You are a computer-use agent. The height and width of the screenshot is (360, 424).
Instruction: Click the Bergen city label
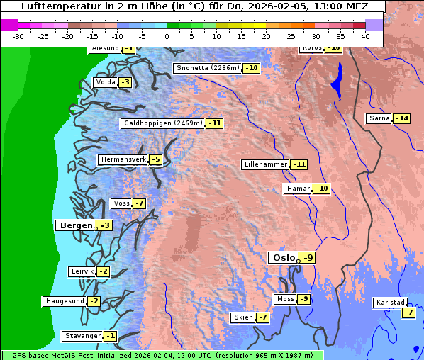pos(74,225)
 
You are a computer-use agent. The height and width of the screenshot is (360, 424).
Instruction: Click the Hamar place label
pos(297,189)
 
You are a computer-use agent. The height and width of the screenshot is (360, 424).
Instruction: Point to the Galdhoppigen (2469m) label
pos(162,123)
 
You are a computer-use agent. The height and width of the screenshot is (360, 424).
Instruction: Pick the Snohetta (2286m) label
pos(207,68)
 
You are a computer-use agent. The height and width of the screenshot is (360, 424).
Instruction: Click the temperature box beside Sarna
pos(401,118)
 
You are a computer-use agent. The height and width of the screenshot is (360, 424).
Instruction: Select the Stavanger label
pos(82,336)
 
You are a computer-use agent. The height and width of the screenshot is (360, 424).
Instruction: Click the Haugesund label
pos(65,301)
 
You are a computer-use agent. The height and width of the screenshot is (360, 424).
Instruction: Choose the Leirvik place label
pos(82,271)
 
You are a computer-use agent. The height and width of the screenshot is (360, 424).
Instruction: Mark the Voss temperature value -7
pos(139,204)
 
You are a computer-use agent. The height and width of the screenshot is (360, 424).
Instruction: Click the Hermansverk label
pos(122,159)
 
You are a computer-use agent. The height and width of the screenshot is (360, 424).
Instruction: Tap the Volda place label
pos(105,82)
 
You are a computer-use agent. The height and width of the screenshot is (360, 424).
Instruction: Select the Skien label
pos(242,317)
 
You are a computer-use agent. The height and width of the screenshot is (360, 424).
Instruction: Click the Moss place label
pos(285,299)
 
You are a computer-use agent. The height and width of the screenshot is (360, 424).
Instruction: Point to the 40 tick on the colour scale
pos(365,36)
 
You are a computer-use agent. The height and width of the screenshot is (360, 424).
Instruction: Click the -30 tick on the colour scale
pos(18,36)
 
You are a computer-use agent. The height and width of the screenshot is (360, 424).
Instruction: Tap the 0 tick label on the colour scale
pos(167,36)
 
